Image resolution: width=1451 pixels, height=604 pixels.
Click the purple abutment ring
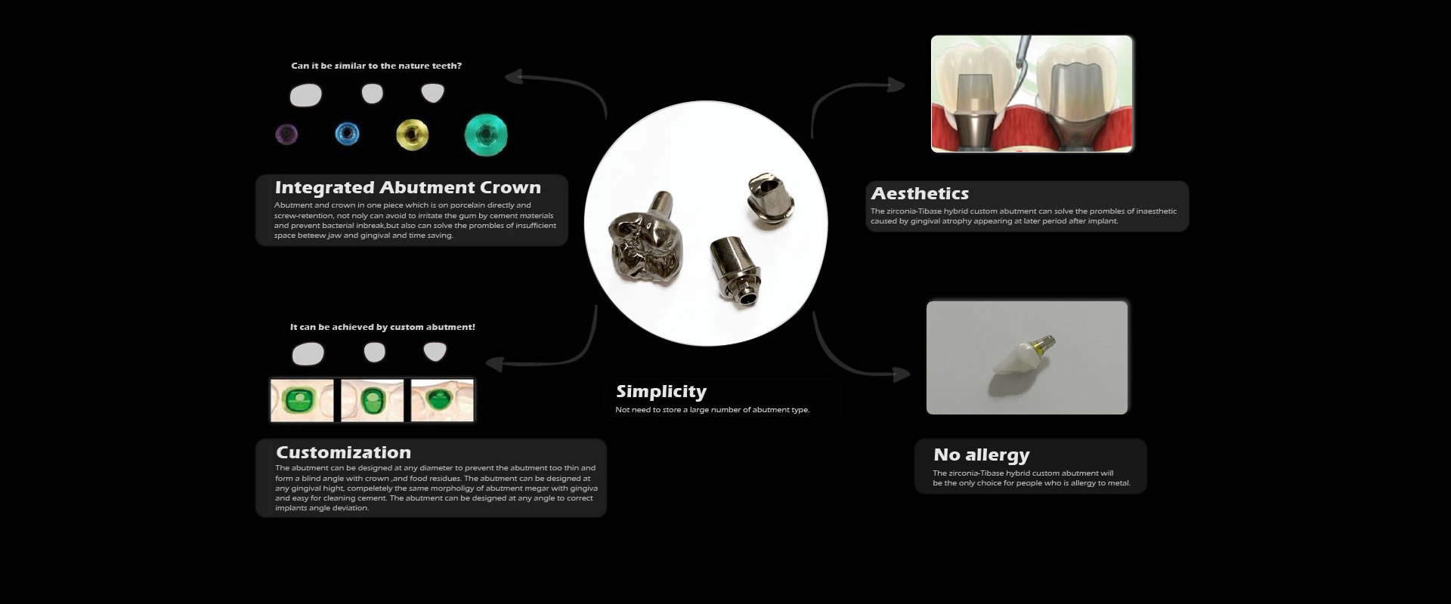point(286,134)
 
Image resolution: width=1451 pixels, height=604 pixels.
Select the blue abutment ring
point(347,134)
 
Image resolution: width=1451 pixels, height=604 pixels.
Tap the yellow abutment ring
point(412,134)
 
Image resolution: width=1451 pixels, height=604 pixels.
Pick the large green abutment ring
point(486,135)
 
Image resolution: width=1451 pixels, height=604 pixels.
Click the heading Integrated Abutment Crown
point(408,187)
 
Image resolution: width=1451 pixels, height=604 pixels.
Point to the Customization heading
point(344,452)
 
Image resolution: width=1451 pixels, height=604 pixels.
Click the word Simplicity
point(661,392)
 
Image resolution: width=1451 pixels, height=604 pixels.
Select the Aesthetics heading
point(920,193)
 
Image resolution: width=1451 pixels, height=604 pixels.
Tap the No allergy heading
point(982,455)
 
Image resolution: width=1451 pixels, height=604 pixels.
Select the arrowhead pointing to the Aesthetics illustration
point(897,84)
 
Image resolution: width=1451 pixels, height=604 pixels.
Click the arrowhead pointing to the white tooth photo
point(902,373)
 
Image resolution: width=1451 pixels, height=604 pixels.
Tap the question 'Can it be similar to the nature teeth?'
point(376,66)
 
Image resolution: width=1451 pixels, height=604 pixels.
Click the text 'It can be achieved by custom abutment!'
point(382,327)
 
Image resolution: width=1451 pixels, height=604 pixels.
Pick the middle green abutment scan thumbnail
point(372,400)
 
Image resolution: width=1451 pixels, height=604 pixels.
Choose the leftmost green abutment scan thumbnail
point(302,400)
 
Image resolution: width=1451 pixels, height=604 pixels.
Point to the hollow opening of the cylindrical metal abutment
point(747,297)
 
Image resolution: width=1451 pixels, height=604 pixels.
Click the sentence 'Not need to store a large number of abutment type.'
point(713,410)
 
